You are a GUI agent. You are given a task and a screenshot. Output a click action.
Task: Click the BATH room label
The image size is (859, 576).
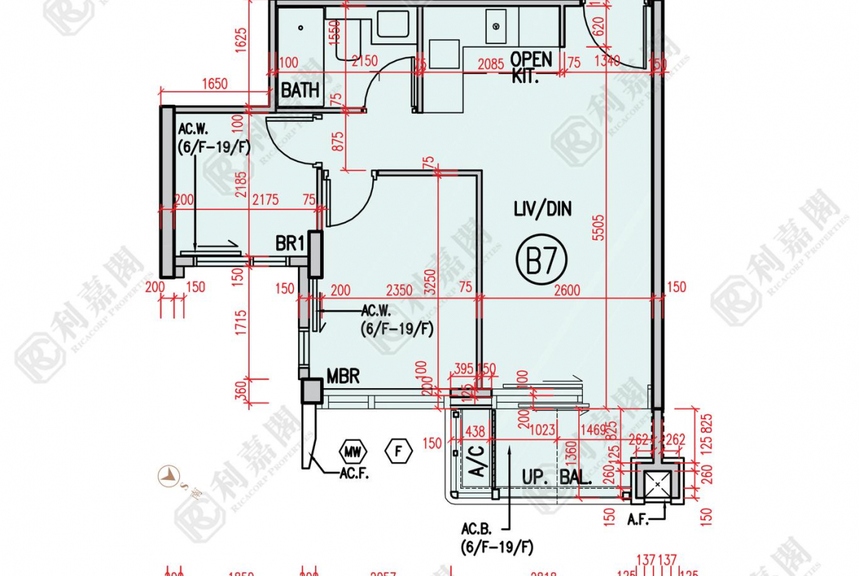pos(300,90)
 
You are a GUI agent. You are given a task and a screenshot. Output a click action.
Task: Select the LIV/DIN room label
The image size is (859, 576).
pos(543,210)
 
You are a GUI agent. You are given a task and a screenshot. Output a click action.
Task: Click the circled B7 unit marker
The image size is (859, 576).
pos(541,261)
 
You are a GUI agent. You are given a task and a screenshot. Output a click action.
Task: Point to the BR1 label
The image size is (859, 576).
pos(290,243)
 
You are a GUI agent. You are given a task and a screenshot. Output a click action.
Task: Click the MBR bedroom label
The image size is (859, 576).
pos(343,377)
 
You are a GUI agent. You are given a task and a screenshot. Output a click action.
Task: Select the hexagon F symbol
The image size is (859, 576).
pos(399,451)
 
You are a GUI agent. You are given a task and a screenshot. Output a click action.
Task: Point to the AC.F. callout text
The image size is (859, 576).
pos(354,475)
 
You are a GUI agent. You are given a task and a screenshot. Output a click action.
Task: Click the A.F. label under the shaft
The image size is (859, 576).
pos(637,520)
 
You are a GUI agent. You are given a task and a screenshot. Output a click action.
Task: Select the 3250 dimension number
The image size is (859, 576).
pos(430,283)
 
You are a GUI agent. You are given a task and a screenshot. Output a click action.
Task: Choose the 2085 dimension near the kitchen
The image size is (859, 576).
pos(490,65)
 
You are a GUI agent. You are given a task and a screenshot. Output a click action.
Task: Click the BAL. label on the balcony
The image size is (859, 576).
pos(576,476)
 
